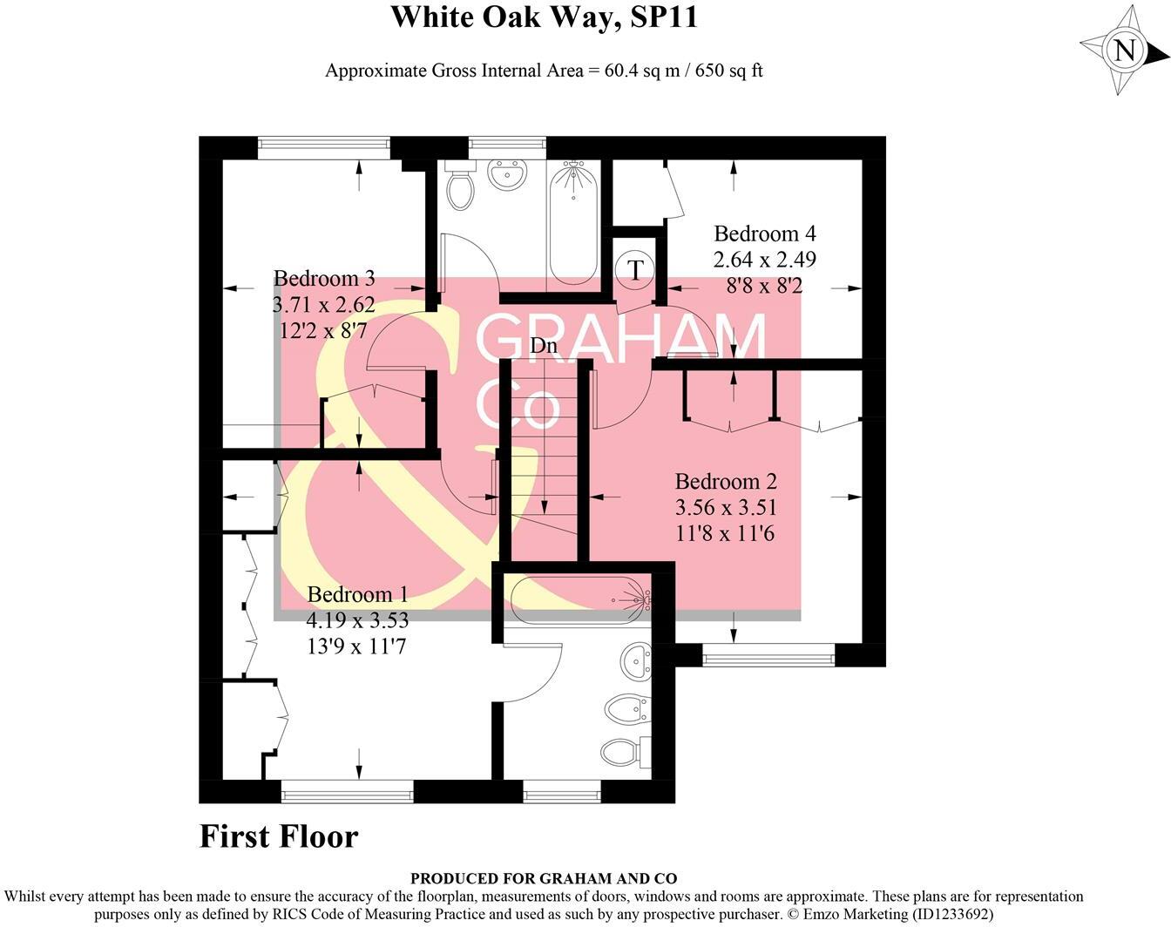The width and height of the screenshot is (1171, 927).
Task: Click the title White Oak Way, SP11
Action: [544, 17]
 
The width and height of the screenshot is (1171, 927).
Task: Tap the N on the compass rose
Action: [1126, 51]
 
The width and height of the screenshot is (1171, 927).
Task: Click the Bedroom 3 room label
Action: [324, 279]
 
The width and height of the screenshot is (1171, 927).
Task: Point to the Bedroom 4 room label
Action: [764, 233]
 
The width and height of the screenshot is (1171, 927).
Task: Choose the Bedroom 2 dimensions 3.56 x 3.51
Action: [725, 507]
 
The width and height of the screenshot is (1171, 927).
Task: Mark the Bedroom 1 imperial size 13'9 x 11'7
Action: [356, 646]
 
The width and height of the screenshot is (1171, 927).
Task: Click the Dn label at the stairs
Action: [544, 346]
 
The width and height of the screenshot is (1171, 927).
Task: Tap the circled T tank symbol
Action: [636, 269]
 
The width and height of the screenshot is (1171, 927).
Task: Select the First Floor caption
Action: [279, 836]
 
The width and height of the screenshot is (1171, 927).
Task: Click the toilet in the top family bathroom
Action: [458, 186]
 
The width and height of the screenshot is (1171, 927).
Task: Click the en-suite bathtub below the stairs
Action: [579, 600]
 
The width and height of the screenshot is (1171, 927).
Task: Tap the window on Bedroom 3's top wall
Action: [323, 147]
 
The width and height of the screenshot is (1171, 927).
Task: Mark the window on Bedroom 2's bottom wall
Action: [768, 655]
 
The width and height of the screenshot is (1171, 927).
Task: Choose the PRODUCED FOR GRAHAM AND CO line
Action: [543, 878]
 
